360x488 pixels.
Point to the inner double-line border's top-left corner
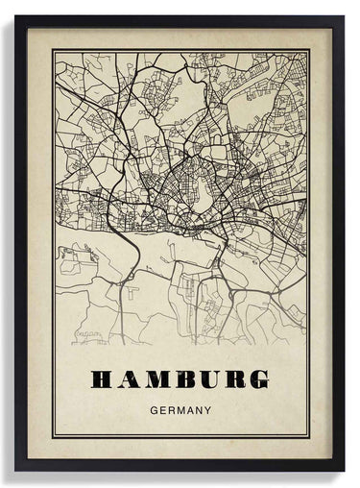pyautogui.click(x=53, y=51)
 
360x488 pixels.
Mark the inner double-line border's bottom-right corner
pyautogui.click(x=308, y=437)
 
